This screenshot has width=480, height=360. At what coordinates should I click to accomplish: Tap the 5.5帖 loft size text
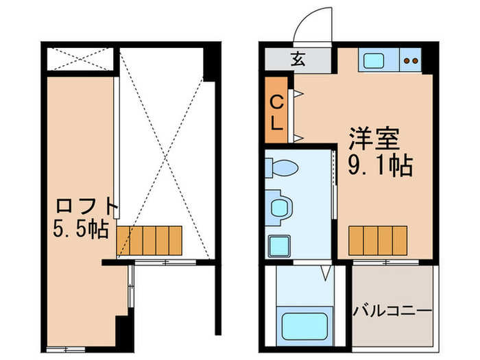pos(81,228)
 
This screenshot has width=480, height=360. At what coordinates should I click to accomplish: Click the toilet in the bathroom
pos(281,167)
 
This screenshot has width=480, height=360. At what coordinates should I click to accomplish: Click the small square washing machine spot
pos(278,245)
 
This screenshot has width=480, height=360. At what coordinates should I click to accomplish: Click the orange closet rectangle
pos(276,111)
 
